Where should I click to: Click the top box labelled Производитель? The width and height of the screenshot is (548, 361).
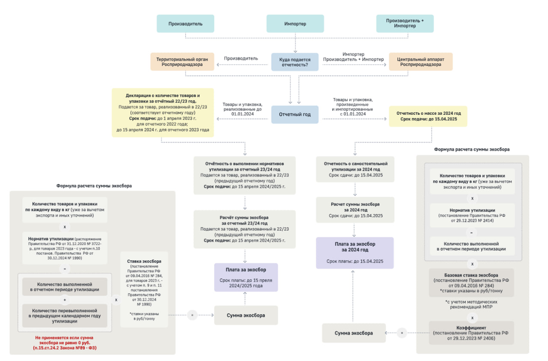pyautogui.click(x=185, y=24)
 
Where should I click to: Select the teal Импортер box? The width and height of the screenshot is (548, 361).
pyautogui.click(x=295, y=24)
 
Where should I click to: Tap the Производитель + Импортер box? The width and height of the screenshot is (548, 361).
pyautogui.click(x=405, y=24)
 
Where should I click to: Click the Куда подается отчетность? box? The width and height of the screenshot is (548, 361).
pyautogui.click(x=295, y=62)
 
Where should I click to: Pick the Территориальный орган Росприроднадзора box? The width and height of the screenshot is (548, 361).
pyautogui.click(x=182, y=62)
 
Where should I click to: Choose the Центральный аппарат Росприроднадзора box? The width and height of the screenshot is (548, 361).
pyautogui.click(x=421, y=62)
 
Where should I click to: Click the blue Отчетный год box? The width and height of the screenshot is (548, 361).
pyautogui.click(x=295, y=114)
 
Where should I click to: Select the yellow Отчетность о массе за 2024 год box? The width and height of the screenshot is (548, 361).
pyautogui.click(x=428, y=116)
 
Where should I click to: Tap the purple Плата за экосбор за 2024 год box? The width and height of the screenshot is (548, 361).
pyautogui.click(x=355, y=253)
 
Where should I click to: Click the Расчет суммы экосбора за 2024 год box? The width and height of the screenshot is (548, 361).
pyautogui.click(x=355, y=210)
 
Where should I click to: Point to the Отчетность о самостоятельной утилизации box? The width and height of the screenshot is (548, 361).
pyautogui.click(x=355, y=169)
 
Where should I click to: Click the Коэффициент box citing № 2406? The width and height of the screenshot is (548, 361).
pyautogui.click(x=471, y=333)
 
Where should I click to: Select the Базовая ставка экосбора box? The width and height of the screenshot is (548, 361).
pyautogui.click(x=471, y=283)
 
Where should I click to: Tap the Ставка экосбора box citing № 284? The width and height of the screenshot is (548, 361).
pyautogui.click(x=144, y=289)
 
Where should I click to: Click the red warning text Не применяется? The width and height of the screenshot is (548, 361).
pyautogui.click(x=65, y=343)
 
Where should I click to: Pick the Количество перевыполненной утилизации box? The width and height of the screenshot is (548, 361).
pyautogui.click(x=65, y=316)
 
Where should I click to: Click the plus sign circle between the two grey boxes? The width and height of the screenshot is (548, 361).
pyautogui.click(x=65, y=300)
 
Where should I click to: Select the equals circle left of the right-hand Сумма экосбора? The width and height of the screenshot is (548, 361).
pyautogui.click(x=402, y=333)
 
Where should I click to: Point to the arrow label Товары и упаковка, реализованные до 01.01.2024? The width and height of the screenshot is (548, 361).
pyautogui.click(x=242, y=109)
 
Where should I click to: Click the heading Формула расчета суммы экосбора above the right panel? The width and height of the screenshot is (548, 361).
pyautogui.click(x=472, y=149)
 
